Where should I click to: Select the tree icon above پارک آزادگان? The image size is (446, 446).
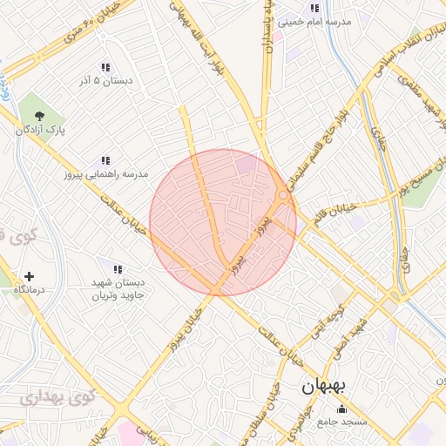(38, 115)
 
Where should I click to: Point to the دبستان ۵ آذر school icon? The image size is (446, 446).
(105, 67)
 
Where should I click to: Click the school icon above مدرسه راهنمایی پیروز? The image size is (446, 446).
(105, 160)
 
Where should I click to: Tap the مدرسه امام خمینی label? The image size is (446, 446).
(314, 24)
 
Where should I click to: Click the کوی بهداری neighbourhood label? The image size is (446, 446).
(41, 398)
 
